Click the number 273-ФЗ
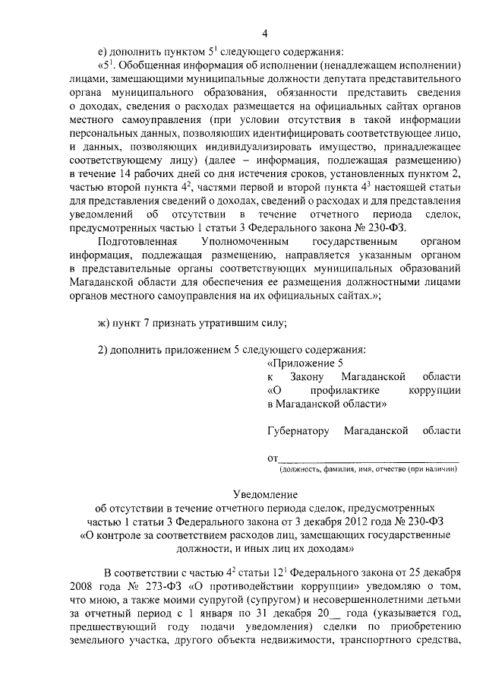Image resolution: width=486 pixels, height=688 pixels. point(172,587)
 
